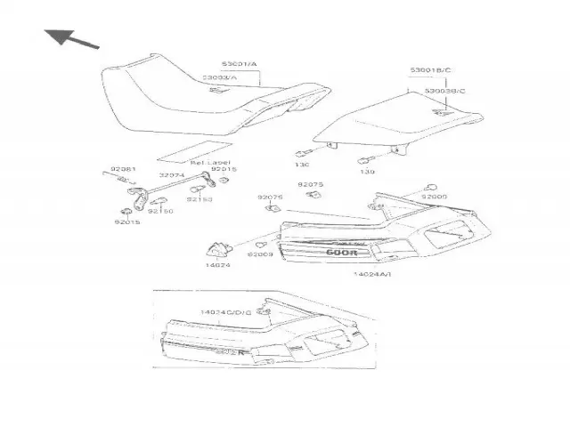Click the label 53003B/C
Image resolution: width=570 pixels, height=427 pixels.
point(444,91)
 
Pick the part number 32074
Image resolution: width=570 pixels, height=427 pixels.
point(172,175)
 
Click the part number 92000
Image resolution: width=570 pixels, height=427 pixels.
point(435,197)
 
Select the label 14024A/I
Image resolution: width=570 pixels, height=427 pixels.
point(372,276)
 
